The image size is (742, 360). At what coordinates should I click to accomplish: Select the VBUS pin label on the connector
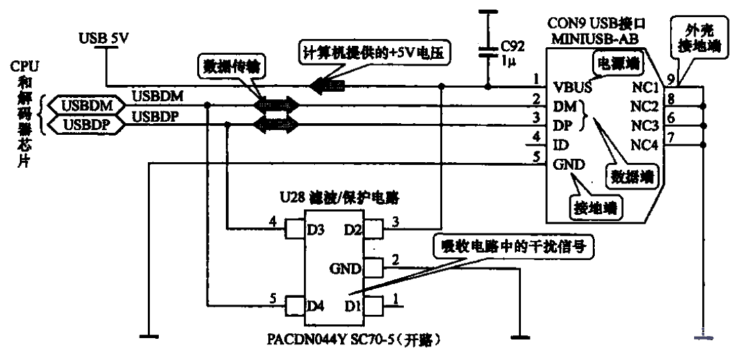(x=572, y=87)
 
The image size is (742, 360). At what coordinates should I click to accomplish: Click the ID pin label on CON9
(x=560, y=144)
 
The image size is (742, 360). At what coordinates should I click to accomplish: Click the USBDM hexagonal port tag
(x=85, y=107)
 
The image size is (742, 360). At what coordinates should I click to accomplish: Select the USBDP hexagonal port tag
(x=85, y=124)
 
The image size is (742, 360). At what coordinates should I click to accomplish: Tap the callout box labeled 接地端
(x=594, y=206)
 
